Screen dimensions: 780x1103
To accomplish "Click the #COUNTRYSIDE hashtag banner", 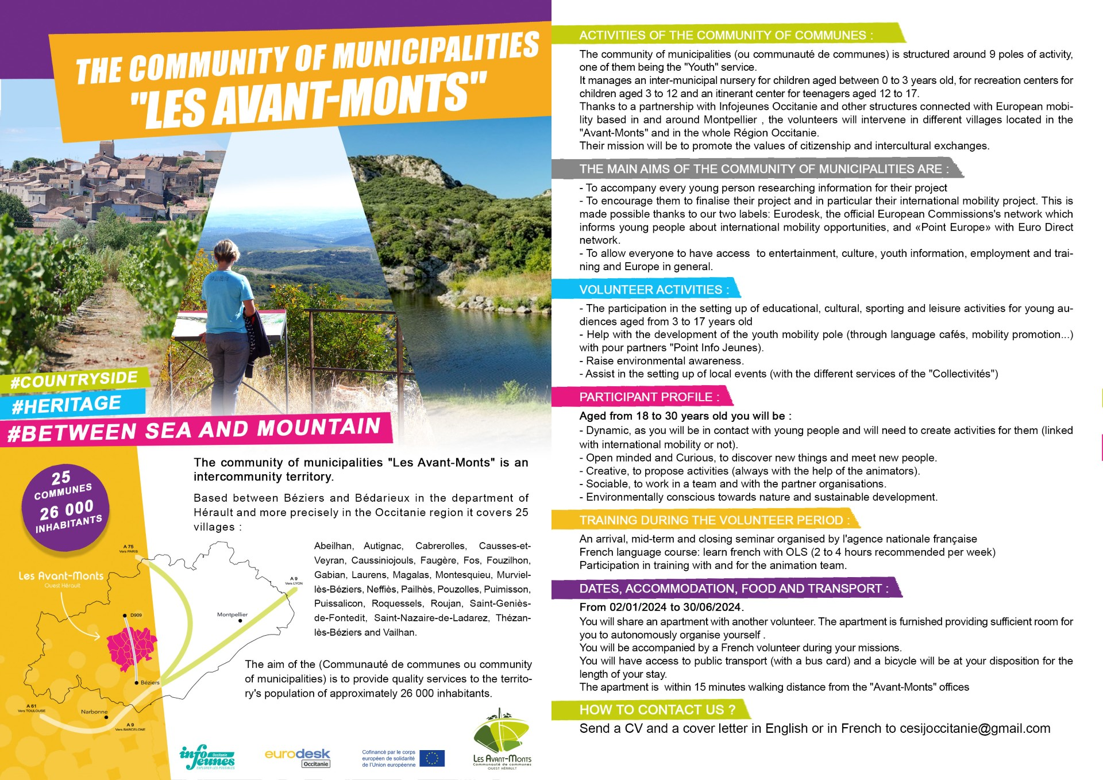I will pyautogui.click(x=75, y=381).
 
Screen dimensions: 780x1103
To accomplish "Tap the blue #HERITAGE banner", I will pyautogui.click(x=67, y=405).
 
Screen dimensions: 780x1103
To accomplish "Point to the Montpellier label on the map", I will pyautogui.click(x=232, y=614).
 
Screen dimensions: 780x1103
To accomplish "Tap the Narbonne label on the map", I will pyautogui.click(x=94, y=712).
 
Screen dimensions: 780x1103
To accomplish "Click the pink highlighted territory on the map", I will pyautogui.click(x=131, y=649).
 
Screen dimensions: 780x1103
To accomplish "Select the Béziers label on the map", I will pyautogui.click(x=150, y=682).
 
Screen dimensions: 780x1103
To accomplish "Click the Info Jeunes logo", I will pyautogui.click(x=207, y=758).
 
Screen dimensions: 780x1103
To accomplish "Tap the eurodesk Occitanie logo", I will pyautogui.click(x=298, y=757).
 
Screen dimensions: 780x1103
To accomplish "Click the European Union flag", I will pyautogui.click(x=431, y=758).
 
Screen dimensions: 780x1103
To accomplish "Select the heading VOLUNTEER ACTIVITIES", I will pyautogui.click(x=654, y=290).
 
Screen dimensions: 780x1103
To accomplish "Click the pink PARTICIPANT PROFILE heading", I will pyautogui.click(x=649, y=397).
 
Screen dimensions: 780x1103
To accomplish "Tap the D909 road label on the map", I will pyautogui.click(x=136, y=615).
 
